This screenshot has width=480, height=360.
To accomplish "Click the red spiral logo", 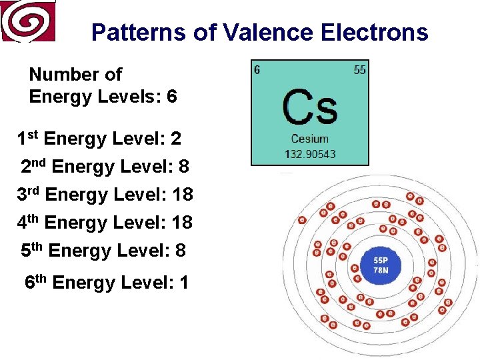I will click(28, 21).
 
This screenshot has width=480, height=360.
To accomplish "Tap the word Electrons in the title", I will click(374, 32).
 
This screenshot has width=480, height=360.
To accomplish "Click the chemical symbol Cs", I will click(309, 107).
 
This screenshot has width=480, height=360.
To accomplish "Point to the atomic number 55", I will click(359, 70).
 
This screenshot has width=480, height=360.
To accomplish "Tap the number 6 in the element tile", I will click(257, 70).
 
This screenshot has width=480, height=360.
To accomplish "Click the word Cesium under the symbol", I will click(309, 139).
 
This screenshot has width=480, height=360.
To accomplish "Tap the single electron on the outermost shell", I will click(302, 219).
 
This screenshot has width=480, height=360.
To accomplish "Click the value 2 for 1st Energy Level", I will click(176, 139).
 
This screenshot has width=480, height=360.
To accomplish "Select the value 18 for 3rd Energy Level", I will click(182, 195).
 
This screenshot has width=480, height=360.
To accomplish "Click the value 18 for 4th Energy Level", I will click(182, 223).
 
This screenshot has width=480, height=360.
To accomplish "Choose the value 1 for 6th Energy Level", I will click(183, 283).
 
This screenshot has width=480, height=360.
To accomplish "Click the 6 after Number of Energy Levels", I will click(172, 97).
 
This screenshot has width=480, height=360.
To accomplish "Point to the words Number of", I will click(75, 75).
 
